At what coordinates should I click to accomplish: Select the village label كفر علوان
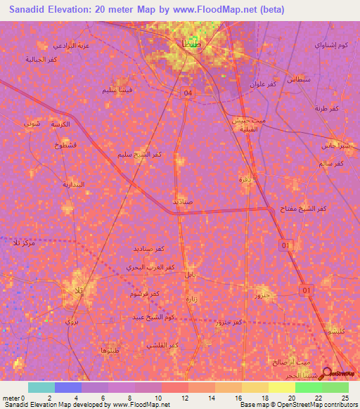point(263,84)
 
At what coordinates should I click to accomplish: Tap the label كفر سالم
point(330,163)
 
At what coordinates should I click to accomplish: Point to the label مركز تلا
point(25,242)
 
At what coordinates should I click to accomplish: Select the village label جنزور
point(262,297)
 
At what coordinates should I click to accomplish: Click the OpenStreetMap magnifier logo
point(327,373)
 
